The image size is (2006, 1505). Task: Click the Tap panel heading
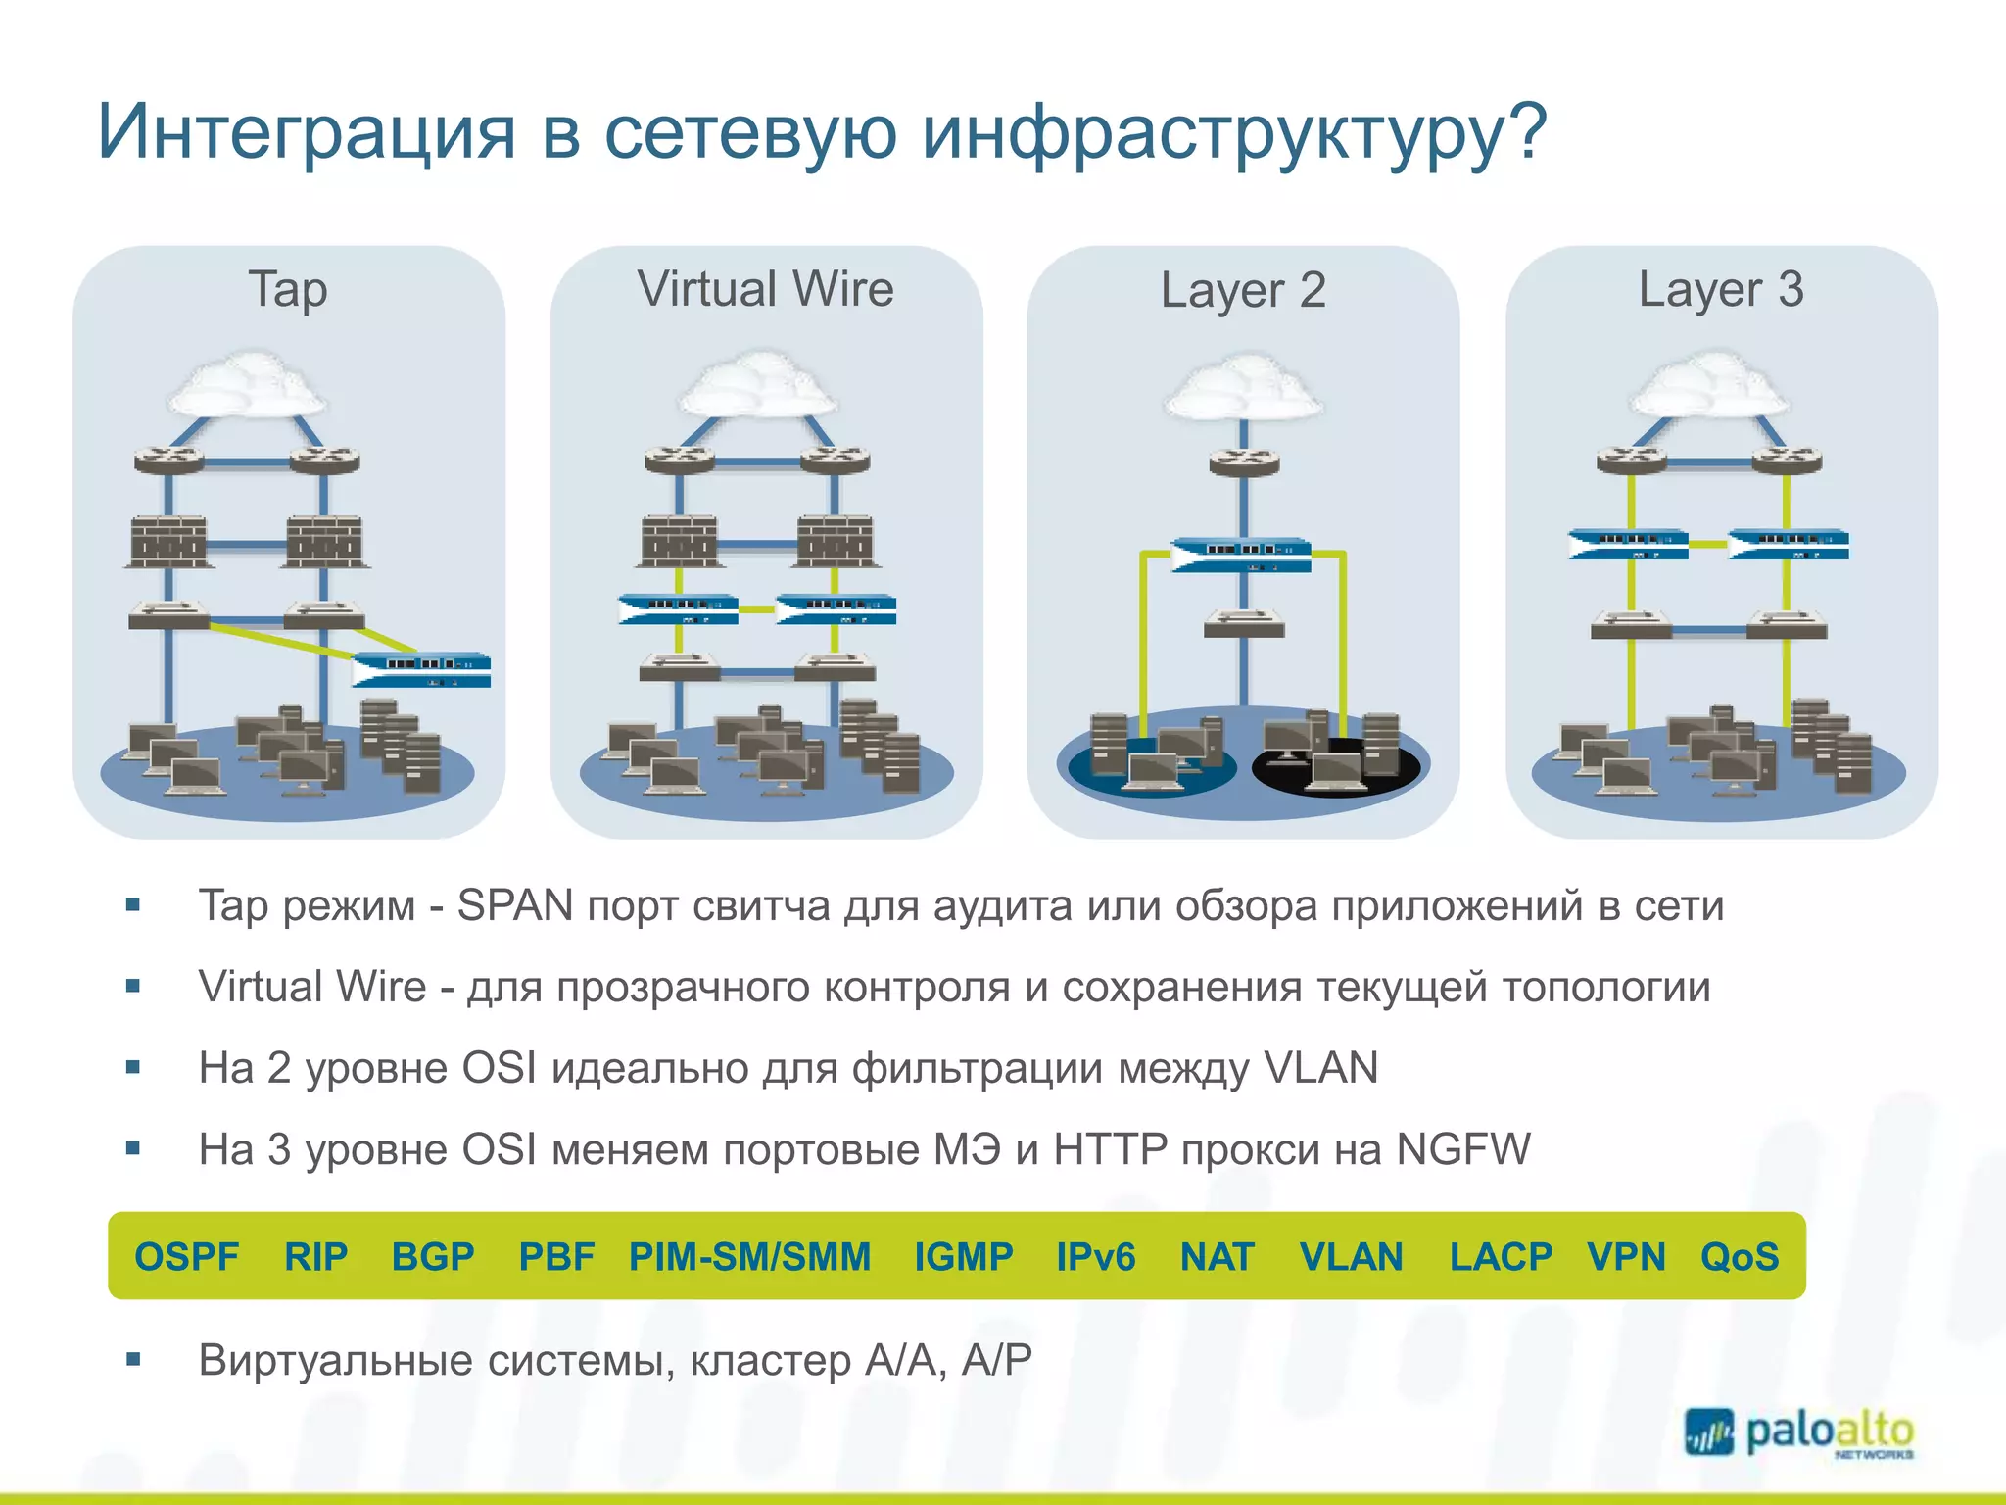point(288,290)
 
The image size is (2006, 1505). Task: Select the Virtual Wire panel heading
point(765,290)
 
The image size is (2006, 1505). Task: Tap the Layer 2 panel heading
point(1243,291)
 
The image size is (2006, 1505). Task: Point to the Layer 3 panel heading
point(1721,290)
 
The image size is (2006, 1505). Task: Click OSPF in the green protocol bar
point(187,1256)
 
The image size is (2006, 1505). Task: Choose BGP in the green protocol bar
point(433,1256)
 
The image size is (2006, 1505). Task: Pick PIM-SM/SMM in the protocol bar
point(749,1256)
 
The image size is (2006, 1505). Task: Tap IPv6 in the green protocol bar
point(1095,1256)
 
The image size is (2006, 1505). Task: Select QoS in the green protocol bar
point(1740,1256)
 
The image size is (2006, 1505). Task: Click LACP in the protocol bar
point(1501,1256)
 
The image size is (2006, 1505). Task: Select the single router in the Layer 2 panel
point(1244,461)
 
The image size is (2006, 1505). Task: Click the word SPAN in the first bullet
point(515,905)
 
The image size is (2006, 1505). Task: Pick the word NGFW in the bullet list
point(1463,1149)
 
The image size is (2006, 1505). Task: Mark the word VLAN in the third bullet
point(1321,1068)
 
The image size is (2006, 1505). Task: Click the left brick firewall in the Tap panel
point(168,542)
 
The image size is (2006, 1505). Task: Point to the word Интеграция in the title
point(306,133)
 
